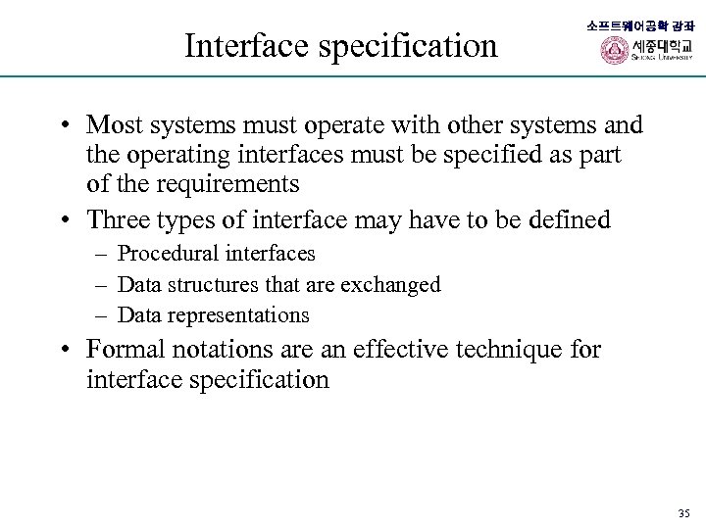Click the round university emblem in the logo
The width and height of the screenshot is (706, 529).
point(615,50)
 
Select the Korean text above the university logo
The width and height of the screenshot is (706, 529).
point(639,25)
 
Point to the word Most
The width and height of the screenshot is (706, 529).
point(114,125)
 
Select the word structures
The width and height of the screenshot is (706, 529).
point(214,284)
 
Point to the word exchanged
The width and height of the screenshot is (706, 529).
point(390,284)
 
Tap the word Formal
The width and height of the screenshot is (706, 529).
point(121,349)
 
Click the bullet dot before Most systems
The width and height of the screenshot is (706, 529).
point(62,126)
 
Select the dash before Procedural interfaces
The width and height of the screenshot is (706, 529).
point(101,255)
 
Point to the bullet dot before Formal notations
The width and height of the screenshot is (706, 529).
point(62,350)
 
